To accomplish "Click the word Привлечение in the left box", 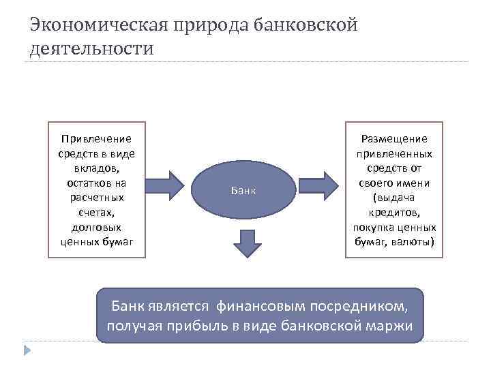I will click(97, 139).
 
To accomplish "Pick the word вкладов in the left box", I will click(97, 168).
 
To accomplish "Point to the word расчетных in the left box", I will click(97, 198).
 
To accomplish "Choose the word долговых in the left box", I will click(97, 227).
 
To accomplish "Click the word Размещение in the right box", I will click(394, 139).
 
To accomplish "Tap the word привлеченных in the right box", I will click(394, 154).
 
